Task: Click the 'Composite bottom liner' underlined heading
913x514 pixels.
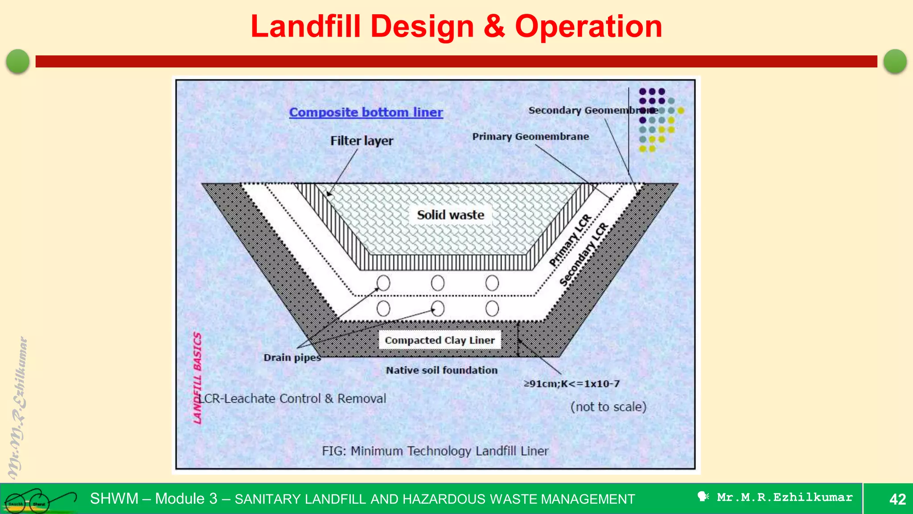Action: click(366, 112)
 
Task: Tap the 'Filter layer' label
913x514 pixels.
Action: click(362, 141)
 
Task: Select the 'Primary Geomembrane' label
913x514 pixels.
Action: click(531, 137)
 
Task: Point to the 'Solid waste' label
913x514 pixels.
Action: click(450, 215)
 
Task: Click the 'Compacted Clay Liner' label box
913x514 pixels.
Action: click(440, 340)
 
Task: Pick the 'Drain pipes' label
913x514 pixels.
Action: click(292, 357)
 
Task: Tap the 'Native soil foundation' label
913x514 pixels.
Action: click(441, 370)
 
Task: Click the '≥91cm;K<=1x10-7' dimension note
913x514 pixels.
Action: click(572, 384)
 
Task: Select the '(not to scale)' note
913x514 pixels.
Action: click(608, 407)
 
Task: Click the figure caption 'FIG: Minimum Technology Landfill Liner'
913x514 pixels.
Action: click(435, 451)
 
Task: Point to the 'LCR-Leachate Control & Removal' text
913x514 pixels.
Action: click(292, 398)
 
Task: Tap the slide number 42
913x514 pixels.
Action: click(897, 499)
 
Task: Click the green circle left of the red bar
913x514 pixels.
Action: click(18, 61)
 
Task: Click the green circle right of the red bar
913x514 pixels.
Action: click(895, 61)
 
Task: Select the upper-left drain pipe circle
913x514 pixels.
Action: click(383, 283)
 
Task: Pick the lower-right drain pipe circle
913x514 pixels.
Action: click(492, 308)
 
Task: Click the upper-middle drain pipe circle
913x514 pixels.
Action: click(438, 283)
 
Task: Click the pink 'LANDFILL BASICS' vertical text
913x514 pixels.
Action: click(197, 377)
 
